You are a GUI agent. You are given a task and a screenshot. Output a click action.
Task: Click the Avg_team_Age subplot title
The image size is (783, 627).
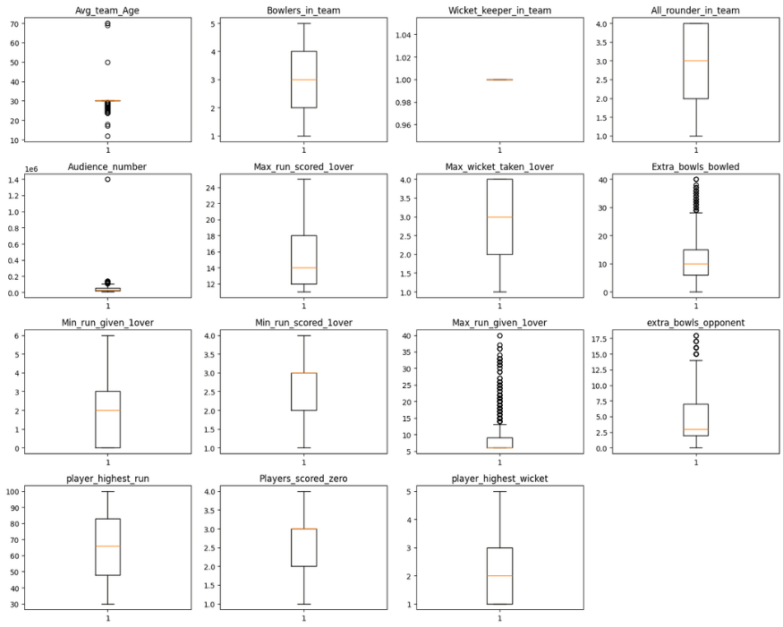pos(107,11)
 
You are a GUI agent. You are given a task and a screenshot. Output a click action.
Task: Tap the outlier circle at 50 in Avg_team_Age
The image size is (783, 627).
pos(107,63)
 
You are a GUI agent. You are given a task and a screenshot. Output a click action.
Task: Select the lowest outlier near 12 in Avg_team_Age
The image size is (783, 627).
pos(107,136)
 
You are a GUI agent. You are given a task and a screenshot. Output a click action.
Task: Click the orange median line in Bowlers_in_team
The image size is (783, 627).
pos(303,80)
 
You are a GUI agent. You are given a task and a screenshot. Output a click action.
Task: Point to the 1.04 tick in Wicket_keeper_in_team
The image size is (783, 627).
pos(404,35)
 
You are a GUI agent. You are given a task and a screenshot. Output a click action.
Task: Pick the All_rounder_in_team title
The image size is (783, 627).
pos(695,11)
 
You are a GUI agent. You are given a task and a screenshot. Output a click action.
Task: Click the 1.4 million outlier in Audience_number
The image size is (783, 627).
pos(107,179)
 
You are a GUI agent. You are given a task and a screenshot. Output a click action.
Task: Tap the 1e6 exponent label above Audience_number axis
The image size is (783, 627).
pos(31,170)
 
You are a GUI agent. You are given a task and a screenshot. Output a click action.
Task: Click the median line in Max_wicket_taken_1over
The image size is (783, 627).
pos(499,217)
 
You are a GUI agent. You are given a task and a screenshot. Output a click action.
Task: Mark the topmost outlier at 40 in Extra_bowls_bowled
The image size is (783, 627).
pos(695,179)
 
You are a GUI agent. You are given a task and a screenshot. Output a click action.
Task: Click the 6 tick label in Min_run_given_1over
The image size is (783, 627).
pos(17,336)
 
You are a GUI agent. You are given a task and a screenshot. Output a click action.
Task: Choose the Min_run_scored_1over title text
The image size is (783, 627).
pos(303,323)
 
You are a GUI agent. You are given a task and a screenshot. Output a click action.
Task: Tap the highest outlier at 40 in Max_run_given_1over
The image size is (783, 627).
pos(499,336)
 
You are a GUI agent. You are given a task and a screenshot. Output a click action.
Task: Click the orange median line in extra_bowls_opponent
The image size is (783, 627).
pos(695,429)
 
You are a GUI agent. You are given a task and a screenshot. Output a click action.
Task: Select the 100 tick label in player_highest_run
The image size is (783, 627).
pos(13,492)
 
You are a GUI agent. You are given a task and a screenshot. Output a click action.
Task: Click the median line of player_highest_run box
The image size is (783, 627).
pos(107,547)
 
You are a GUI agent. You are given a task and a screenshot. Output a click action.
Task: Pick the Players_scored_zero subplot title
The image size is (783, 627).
pos(303,479)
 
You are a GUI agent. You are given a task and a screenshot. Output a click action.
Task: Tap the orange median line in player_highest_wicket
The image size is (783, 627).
pos(499,576)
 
